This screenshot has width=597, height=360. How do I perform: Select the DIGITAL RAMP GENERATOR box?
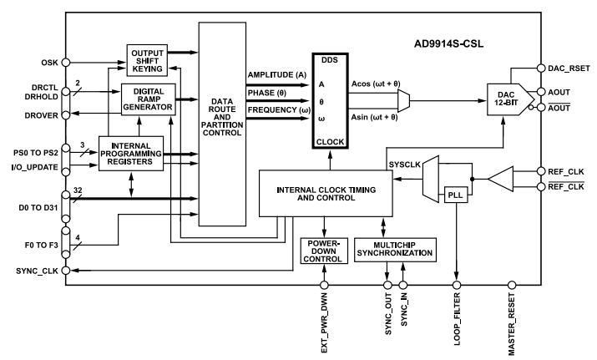pos(148,99)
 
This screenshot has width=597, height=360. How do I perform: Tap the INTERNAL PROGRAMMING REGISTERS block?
pos(130,154)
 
